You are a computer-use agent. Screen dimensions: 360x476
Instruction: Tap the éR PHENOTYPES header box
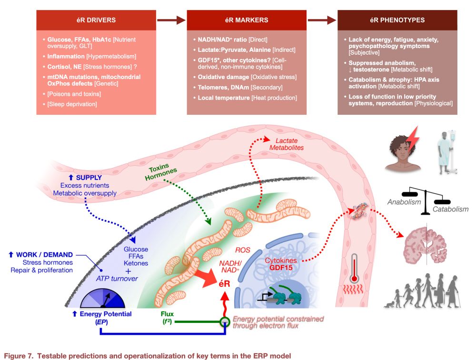(397, 20)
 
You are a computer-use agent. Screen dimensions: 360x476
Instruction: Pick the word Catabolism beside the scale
(450, 209)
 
